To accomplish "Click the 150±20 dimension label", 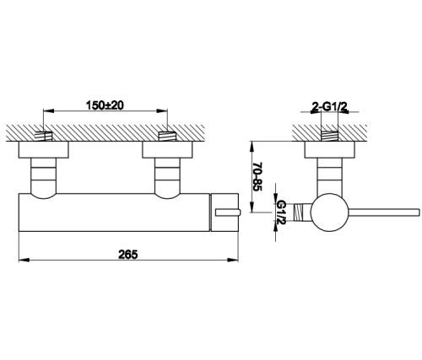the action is click(x=105, y=105).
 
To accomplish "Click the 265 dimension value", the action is click(x=128, y=255).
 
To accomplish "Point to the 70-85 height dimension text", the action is click(x=257, y=176).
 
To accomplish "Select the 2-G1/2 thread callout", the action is click(x=330, y=107).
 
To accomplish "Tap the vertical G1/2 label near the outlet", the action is click(x=281, y=212).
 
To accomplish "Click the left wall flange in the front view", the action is click(x=44, y=149).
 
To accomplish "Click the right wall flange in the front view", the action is click(x=168, y=149).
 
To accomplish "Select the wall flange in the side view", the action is click(x=330, y=149).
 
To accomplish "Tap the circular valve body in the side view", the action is click(x=330, y=212).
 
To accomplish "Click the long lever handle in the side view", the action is click(x=384, y=212).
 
